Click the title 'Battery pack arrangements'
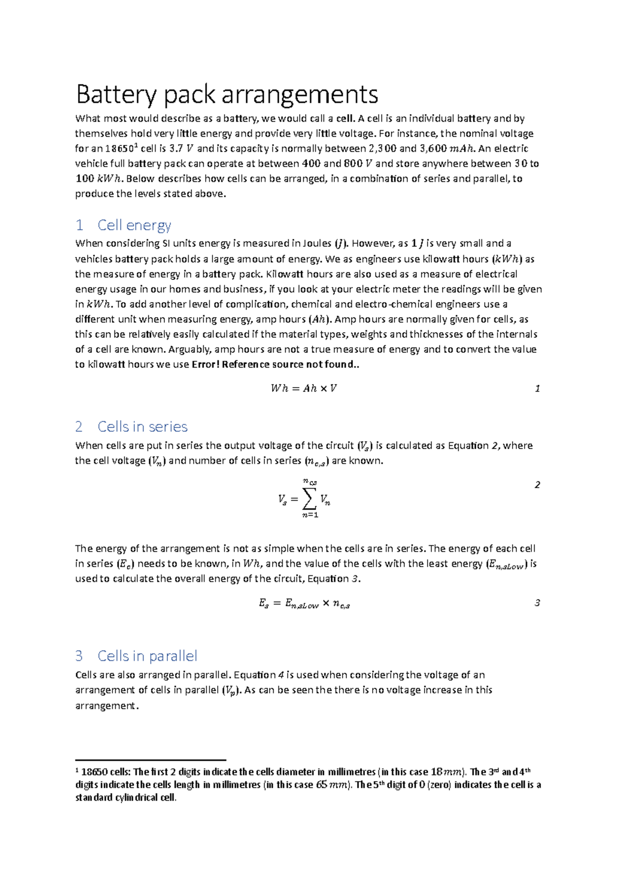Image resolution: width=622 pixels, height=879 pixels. tap(227, 94)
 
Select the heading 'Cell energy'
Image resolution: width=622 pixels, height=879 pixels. tap(134, 225)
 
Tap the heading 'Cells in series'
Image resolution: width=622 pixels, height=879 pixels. tap(142, 427)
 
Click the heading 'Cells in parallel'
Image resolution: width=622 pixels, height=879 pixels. tap(147, 656)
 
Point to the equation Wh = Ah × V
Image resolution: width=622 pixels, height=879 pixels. tap(304, 388)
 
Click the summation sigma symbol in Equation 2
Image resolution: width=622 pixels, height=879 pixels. tap(309, 500)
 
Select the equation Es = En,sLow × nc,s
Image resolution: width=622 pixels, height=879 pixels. tap(304, 603)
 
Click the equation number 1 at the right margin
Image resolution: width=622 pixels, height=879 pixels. tap(537, 389)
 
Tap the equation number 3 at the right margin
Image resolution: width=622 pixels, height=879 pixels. tap(537, 603)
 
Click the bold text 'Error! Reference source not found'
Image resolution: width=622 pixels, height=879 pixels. tap(273, 364)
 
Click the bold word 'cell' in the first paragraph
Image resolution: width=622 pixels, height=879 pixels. tap(345, 119)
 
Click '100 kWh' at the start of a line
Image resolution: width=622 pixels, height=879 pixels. tap(98, 179)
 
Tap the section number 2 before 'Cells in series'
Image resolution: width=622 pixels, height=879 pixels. tap(79, 427)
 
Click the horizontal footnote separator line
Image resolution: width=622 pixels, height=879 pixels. tap(150, 760)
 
